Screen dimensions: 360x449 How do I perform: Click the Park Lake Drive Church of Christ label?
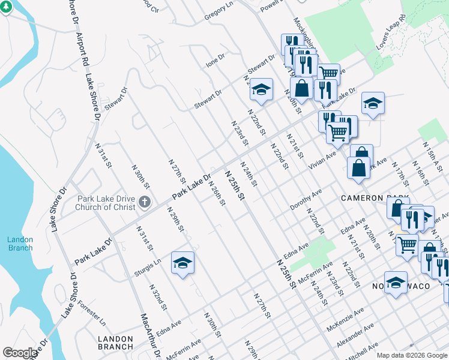click(105, 203)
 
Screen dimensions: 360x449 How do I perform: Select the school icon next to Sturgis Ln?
click(182, 263)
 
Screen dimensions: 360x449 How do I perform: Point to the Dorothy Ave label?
click(306, 199)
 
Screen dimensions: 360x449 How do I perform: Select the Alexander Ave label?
click(355, 334)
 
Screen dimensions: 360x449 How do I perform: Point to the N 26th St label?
click(216, 193)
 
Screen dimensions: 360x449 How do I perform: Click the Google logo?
click(20, 353)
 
